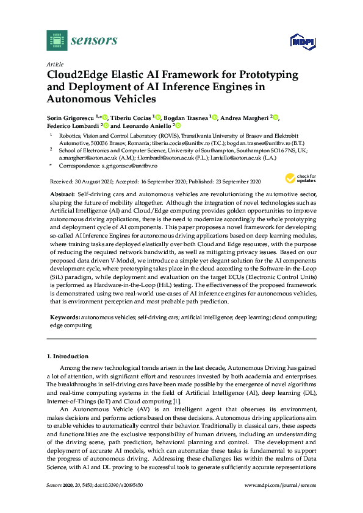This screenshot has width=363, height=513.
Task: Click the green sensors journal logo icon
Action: point(57,40)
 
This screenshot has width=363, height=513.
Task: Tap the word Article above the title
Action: point(54,64)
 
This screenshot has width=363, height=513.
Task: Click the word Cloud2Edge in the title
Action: point(77,75)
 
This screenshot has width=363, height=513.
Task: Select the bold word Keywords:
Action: point(64,317)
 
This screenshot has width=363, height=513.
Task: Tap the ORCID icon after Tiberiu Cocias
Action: point(158,118)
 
